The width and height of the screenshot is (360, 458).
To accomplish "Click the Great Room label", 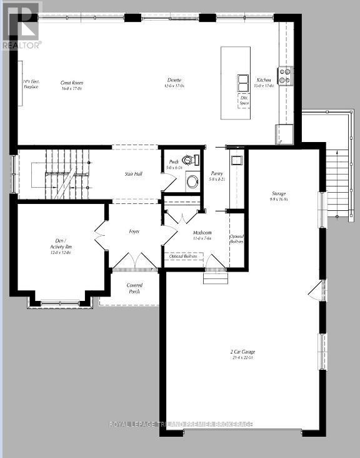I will (x=72, y=86).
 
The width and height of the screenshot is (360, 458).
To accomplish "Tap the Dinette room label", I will (x=174, y=81).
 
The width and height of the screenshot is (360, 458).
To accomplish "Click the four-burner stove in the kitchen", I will (x=284, y=76).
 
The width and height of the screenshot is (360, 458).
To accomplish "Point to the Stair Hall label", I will (x=134, y=174).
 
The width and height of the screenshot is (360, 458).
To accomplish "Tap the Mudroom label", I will (x=202, y=235).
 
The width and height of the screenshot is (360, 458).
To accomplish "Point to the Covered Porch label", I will (x=134, y=288).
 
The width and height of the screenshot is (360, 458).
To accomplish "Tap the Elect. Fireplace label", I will (x=30, y=84).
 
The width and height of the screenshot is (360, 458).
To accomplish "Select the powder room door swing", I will (x=167, y=182).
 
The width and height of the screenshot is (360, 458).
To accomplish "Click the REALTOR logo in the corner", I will (x=21, y=25).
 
